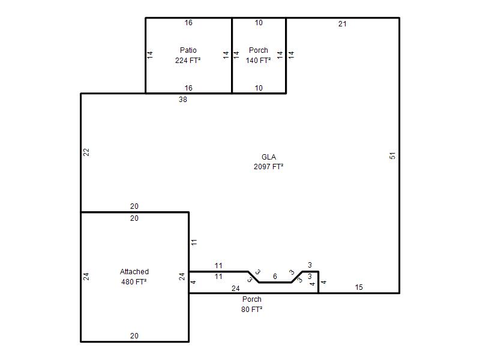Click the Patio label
[x=188, y=50]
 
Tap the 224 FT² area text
[x=188, y=61]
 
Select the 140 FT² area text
[x=258, y=61]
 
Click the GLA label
[x=268, y=157]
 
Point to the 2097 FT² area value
[x=268, y=167]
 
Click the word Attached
[x=134, y=272]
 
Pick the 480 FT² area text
[x=134, y=281]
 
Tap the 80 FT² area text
[x=251, y=310]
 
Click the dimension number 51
[x=392, y=156]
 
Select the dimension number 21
[x=342, y=24]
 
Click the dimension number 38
[x=183, y=100]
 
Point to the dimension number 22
[x=86, y=152]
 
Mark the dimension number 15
[x=359, y=287]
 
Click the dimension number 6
[x=275, y=277]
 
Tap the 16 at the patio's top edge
[x=188, y=23]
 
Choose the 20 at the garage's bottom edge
[x=134, y=336]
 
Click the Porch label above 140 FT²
[x=259, y=50]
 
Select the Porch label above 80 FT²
[x=251, y=299]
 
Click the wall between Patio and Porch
[x=232, y=55]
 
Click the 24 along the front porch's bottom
[x=235, y=289]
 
